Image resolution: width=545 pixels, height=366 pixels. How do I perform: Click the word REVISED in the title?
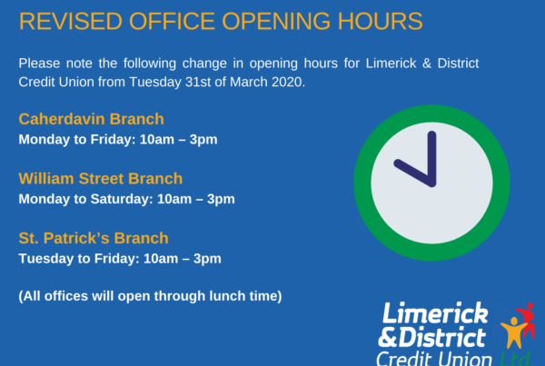coord(71,21)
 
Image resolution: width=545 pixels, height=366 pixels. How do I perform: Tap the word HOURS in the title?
coord(381,21)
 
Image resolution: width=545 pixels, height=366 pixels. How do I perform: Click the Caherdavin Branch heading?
coord(91,119)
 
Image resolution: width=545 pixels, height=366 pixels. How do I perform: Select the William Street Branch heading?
coord(101,179)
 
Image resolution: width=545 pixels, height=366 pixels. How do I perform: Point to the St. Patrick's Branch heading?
coord(94,238)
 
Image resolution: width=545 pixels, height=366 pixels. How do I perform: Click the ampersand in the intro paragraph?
coord(427,64)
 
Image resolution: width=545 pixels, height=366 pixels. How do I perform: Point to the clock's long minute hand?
coord(431,159)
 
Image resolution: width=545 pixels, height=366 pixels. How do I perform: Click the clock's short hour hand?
coord(414,173)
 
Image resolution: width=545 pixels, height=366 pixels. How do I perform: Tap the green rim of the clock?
coord(362,183)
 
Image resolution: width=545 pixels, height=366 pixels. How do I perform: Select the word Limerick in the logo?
coord(435,312)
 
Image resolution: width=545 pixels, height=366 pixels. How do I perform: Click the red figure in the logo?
coord(527,319)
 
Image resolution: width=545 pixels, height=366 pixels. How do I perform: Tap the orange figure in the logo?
coord(514,331)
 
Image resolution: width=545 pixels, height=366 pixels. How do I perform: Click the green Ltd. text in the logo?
coord(515,359)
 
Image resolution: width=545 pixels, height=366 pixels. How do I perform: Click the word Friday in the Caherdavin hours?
coord(113,139)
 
